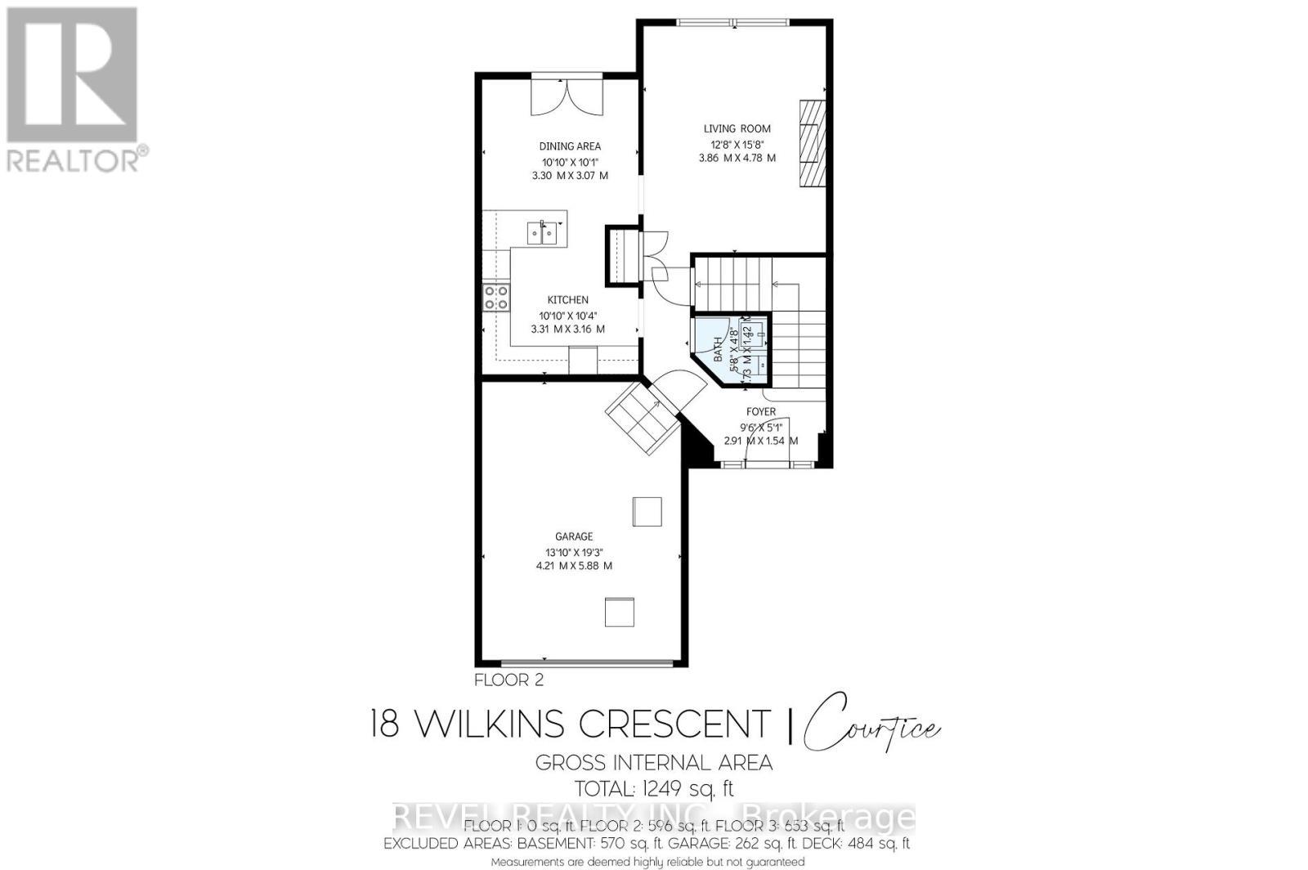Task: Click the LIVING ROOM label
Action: pyautogui.click(x=737, y=128)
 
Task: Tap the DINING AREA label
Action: pyautogui.click(x=569, y=146)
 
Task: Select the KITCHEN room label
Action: pyautogui.click(x=567, y=300)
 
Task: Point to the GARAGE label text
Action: pyautogui.click(x=574, y=536)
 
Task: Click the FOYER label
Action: pyautogui.click(x=760, y=412)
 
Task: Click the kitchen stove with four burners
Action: pyautogui.click(x=495, y=298)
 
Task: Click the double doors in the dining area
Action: pyautogui.click(x=567, y=96)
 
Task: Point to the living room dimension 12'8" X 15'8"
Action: pyautogui.click(x=737, y=143)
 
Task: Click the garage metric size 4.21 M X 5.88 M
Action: pyautogui.click(x=574, y=566)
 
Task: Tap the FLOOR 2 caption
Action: pyautogui.click(x=508, y=679)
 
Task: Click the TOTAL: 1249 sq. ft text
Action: pyautogui.click(x=654, y=789)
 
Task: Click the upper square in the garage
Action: pyautogui.click(x=647, y=512)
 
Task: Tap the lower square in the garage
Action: pyautogui.click(x=620, y=612)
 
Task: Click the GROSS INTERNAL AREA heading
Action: pyautogui.click(x=654, y=763)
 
